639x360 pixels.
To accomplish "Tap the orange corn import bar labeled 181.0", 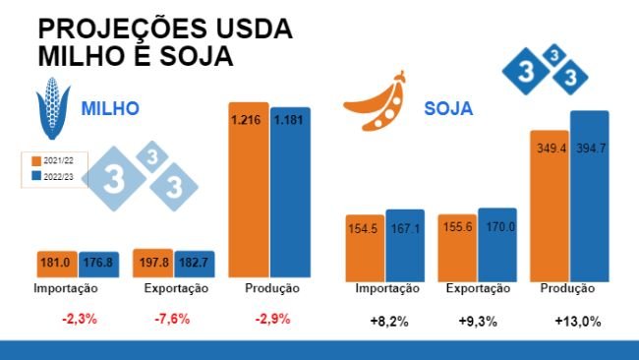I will tap(55, 264).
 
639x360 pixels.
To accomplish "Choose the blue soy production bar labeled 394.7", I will tap(590, 197).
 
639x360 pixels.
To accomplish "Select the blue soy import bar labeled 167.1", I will tap(404, 246).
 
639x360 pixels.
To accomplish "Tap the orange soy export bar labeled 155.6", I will tap(456, 248).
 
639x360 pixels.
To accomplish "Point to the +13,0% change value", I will tap(577, 321).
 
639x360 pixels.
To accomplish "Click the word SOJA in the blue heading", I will tap(448, 108).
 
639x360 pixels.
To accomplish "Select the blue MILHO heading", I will tap(109, 108).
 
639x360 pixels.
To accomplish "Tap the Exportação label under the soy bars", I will tap(478, 289).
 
